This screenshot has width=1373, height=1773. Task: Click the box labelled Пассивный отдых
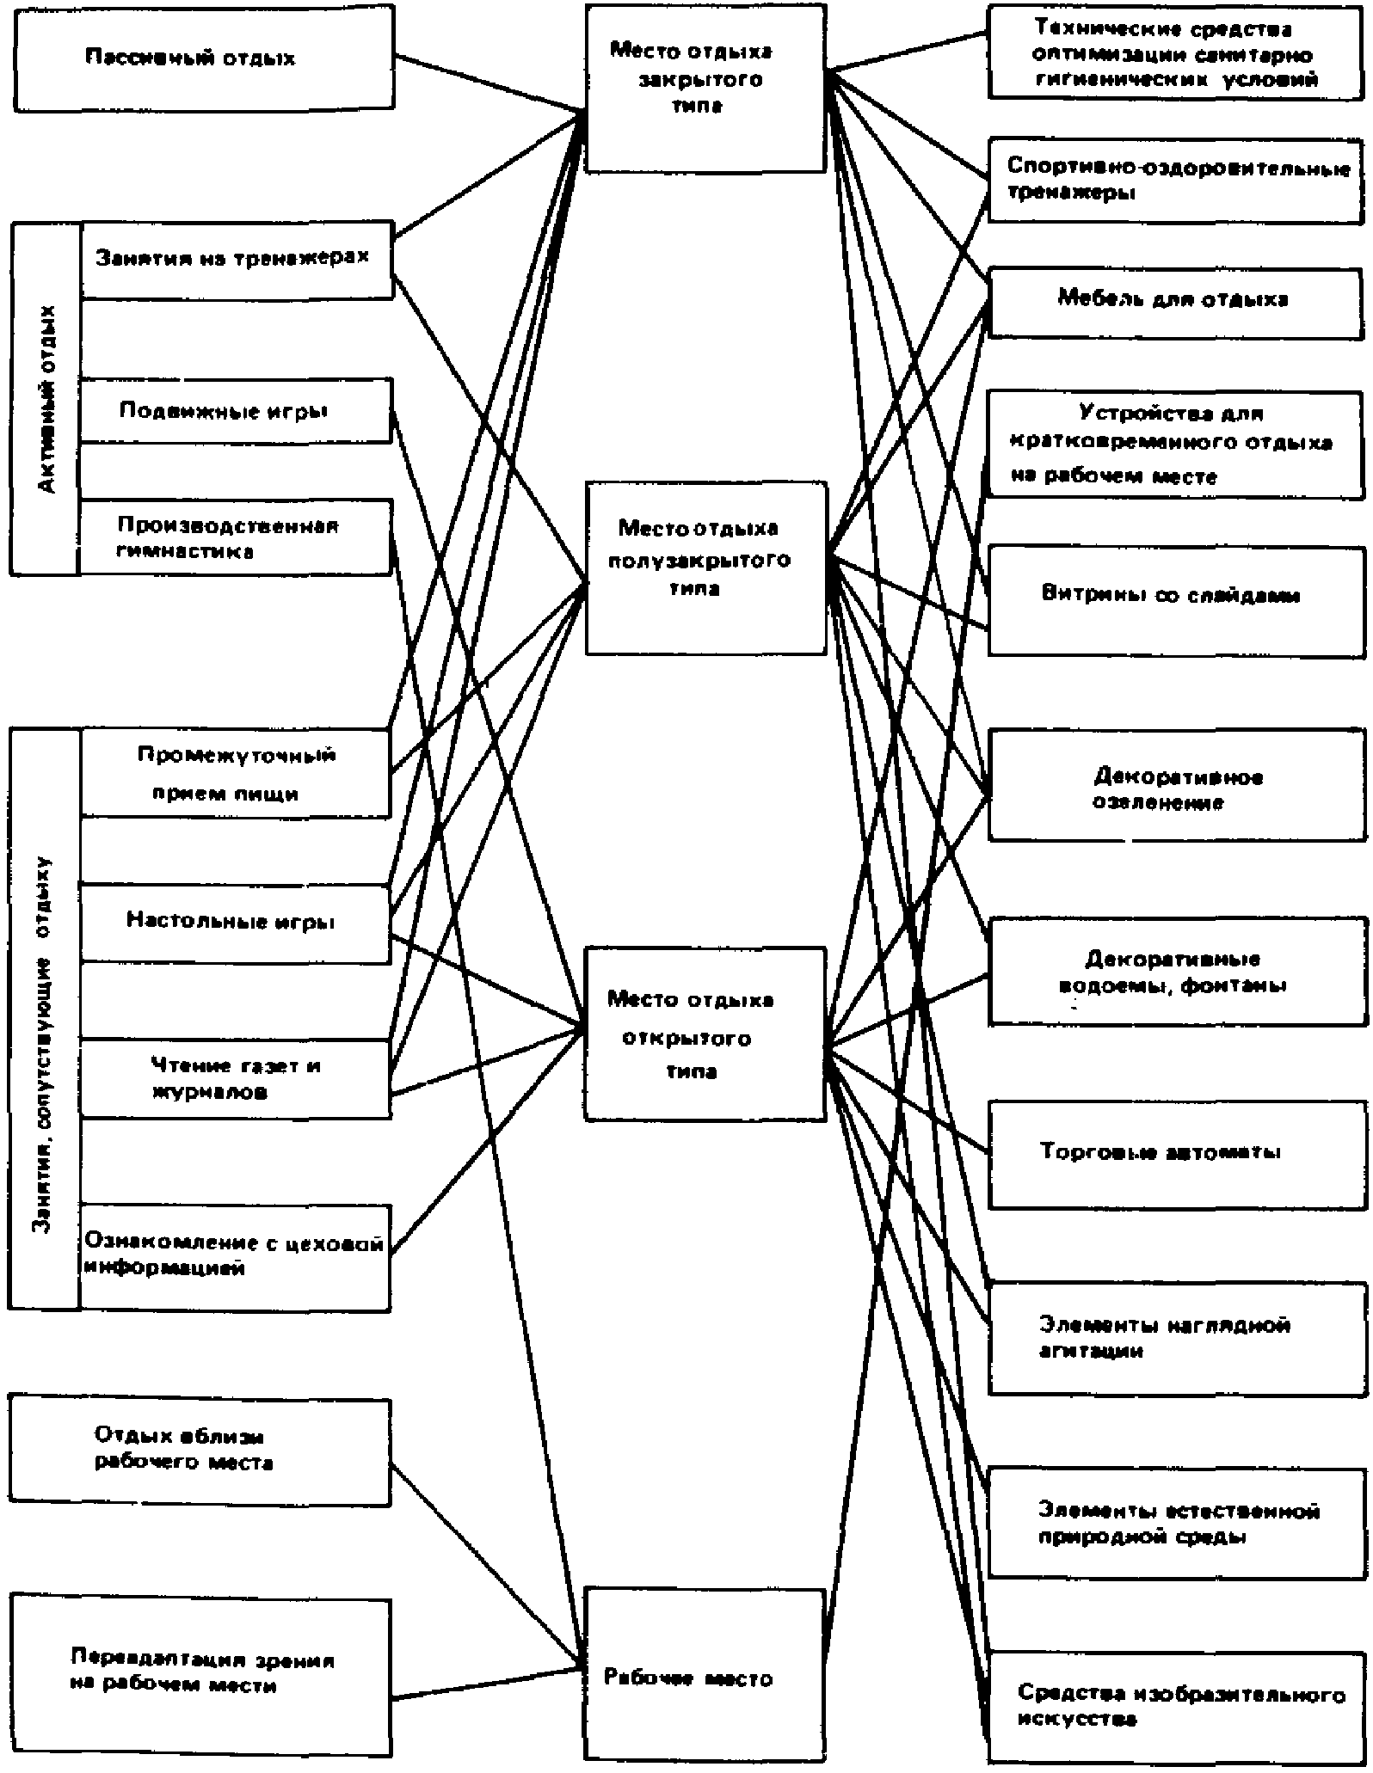coord(204,58)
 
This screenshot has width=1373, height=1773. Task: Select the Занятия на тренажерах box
coord(237,260)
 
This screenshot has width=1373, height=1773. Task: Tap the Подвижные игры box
coord(235,411)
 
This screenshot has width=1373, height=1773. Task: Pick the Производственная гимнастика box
coord(235,537)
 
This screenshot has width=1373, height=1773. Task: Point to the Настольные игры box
coord(235,923)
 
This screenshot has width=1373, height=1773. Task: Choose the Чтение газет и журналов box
coord(235,1079)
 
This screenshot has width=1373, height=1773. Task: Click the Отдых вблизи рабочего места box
coord(200,1452)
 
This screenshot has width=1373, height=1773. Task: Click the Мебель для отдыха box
coord(1175,302)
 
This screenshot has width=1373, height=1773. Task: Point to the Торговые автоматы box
coord(1175,1153)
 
